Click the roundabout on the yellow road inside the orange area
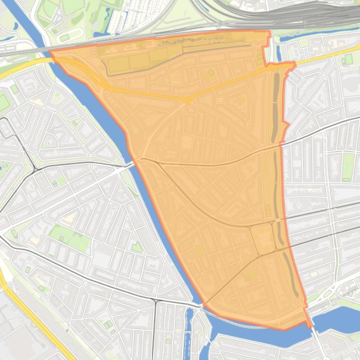pyautogui.click(x=187, y=100)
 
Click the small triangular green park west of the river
pyautogui.click(x=136, y=247)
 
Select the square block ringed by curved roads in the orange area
pyautogui.click(x=263, y=238)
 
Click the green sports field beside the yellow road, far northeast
pyautogui.click(x=348, y=59)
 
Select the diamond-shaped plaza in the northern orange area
pyautogui.click(x=210, y=73)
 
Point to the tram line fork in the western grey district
pyautogui.click(x=35, y=169)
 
